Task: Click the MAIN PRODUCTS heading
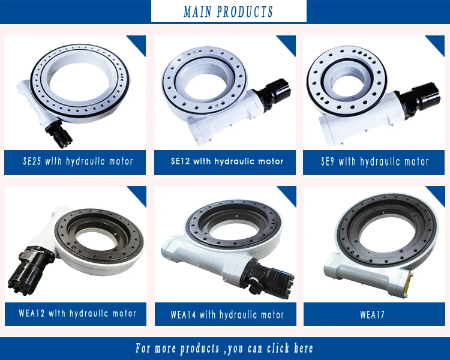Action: pyautogui.click(x=228, y=11)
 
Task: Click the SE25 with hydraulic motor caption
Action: pyautogui.click(x=77, y=161)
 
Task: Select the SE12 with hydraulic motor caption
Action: pyautogui.click(x=227, y=161)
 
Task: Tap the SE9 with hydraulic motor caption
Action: pyautogui.click(x=375, y=161)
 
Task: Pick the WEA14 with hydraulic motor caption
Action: pyautogui.click(x=227, y=314)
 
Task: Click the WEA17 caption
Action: pyautogui.click(x=375, y=313)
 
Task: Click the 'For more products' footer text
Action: pyautogui.click(x=224, y=349)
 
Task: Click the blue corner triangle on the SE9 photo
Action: pyautogui.click(x=437, y=43)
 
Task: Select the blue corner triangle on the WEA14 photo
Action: pyautogui.click(x=289, y=194)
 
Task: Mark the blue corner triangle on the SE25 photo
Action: pyautogui.click(x=139, y=43)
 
